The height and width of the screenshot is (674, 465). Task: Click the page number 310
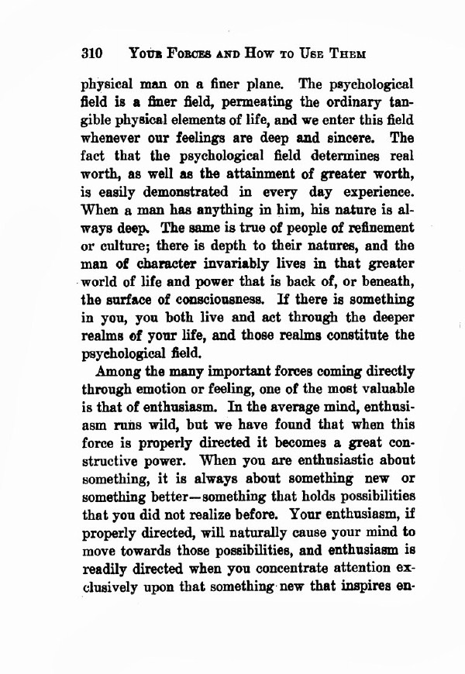(91, 55)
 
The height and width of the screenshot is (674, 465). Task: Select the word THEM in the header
(346, 56)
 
